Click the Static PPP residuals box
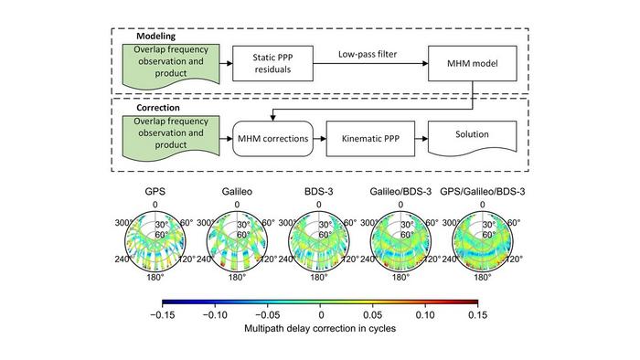click(264, 65)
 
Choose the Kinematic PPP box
click(367, 142)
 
